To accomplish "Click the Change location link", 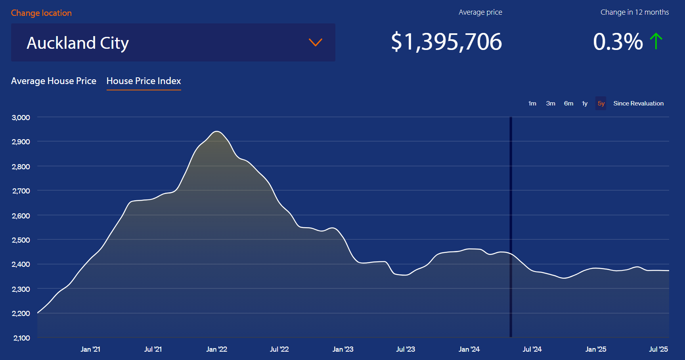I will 41,13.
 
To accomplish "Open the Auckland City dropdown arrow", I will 315,42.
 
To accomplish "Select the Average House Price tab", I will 54,81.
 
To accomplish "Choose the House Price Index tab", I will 144,81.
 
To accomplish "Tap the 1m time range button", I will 532,103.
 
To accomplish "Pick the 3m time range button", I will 550,103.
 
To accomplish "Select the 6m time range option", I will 568,103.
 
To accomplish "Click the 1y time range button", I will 585,103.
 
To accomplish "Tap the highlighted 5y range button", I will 601,103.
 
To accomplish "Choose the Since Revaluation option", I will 638,103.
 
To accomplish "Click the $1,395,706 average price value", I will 446,42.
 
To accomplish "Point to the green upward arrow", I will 656,41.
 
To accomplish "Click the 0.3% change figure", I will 618,42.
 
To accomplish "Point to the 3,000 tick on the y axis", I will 21,117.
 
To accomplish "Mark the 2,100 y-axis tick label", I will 21,338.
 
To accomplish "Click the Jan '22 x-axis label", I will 216,349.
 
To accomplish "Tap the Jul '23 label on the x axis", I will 406,349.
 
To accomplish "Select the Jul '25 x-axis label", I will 658,349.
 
